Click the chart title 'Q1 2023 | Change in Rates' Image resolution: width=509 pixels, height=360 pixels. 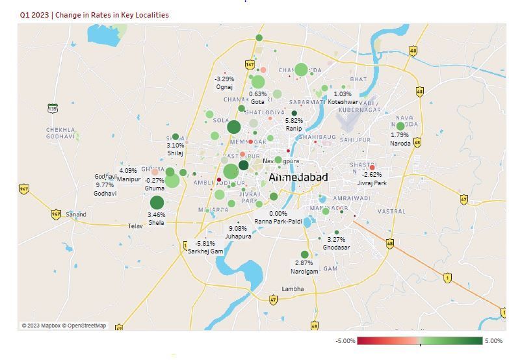click(94, 15)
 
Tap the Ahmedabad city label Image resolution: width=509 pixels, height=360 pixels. click(298, 177)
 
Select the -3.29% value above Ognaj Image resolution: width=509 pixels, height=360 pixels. click(225, 79)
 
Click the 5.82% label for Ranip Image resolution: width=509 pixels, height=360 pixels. click(294, 121)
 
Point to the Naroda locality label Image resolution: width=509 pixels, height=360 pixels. click(400, 144)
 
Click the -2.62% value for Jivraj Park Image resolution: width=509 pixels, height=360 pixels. click(372, 175)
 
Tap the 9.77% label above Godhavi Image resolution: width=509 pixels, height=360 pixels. click(105, 185)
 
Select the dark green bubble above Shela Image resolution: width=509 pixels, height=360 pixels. click(157, 203)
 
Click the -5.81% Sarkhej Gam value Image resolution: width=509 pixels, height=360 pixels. click(205, 244)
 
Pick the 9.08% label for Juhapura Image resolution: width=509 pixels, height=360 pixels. click(238, 229)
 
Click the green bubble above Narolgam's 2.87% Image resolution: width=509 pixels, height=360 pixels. click(304, 255)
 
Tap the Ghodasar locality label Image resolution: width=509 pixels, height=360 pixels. click(336, 248)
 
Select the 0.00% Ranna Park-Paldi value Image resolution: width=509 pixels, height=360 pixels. click(278, 214)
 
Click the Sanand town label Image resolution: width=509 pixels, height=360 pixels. click(75, 214)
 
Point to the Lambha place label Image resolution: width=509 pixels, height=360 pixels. click(293, 289)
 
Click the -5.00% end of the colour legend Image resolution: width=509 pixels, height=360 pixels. click(345, 341)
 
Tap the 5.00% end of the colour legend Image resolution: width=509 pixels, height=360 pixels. click(493, 341)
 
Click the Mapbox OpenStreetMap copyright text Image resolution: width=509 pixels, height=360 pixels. click(64, 326)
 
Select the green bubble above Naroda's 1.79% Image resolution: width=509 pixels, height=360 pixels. click(400, 126)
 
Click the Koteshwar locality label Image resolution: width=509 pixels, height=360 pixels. click(343, 102)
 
